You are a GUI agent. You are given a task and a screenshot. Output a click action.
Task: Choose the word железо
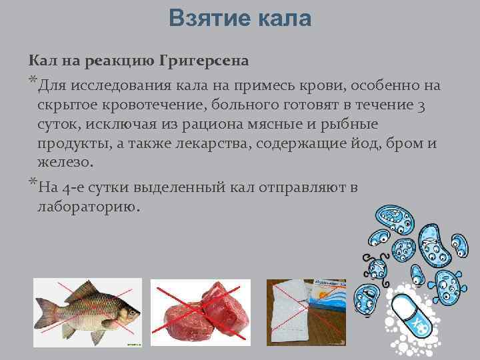pyautogui.click(x=66, y=162)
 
